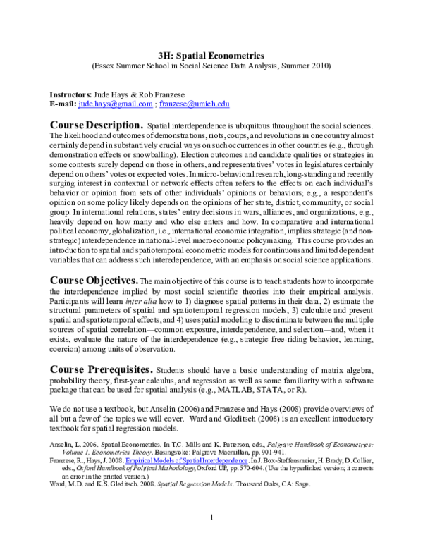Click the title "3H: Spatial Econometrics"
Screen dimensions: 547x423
[x=211, y=54]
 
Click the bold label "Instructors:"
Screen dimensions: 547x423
[x=70, y=94]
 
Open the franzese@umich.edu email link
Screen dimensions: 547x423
[x=194, y=104]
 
